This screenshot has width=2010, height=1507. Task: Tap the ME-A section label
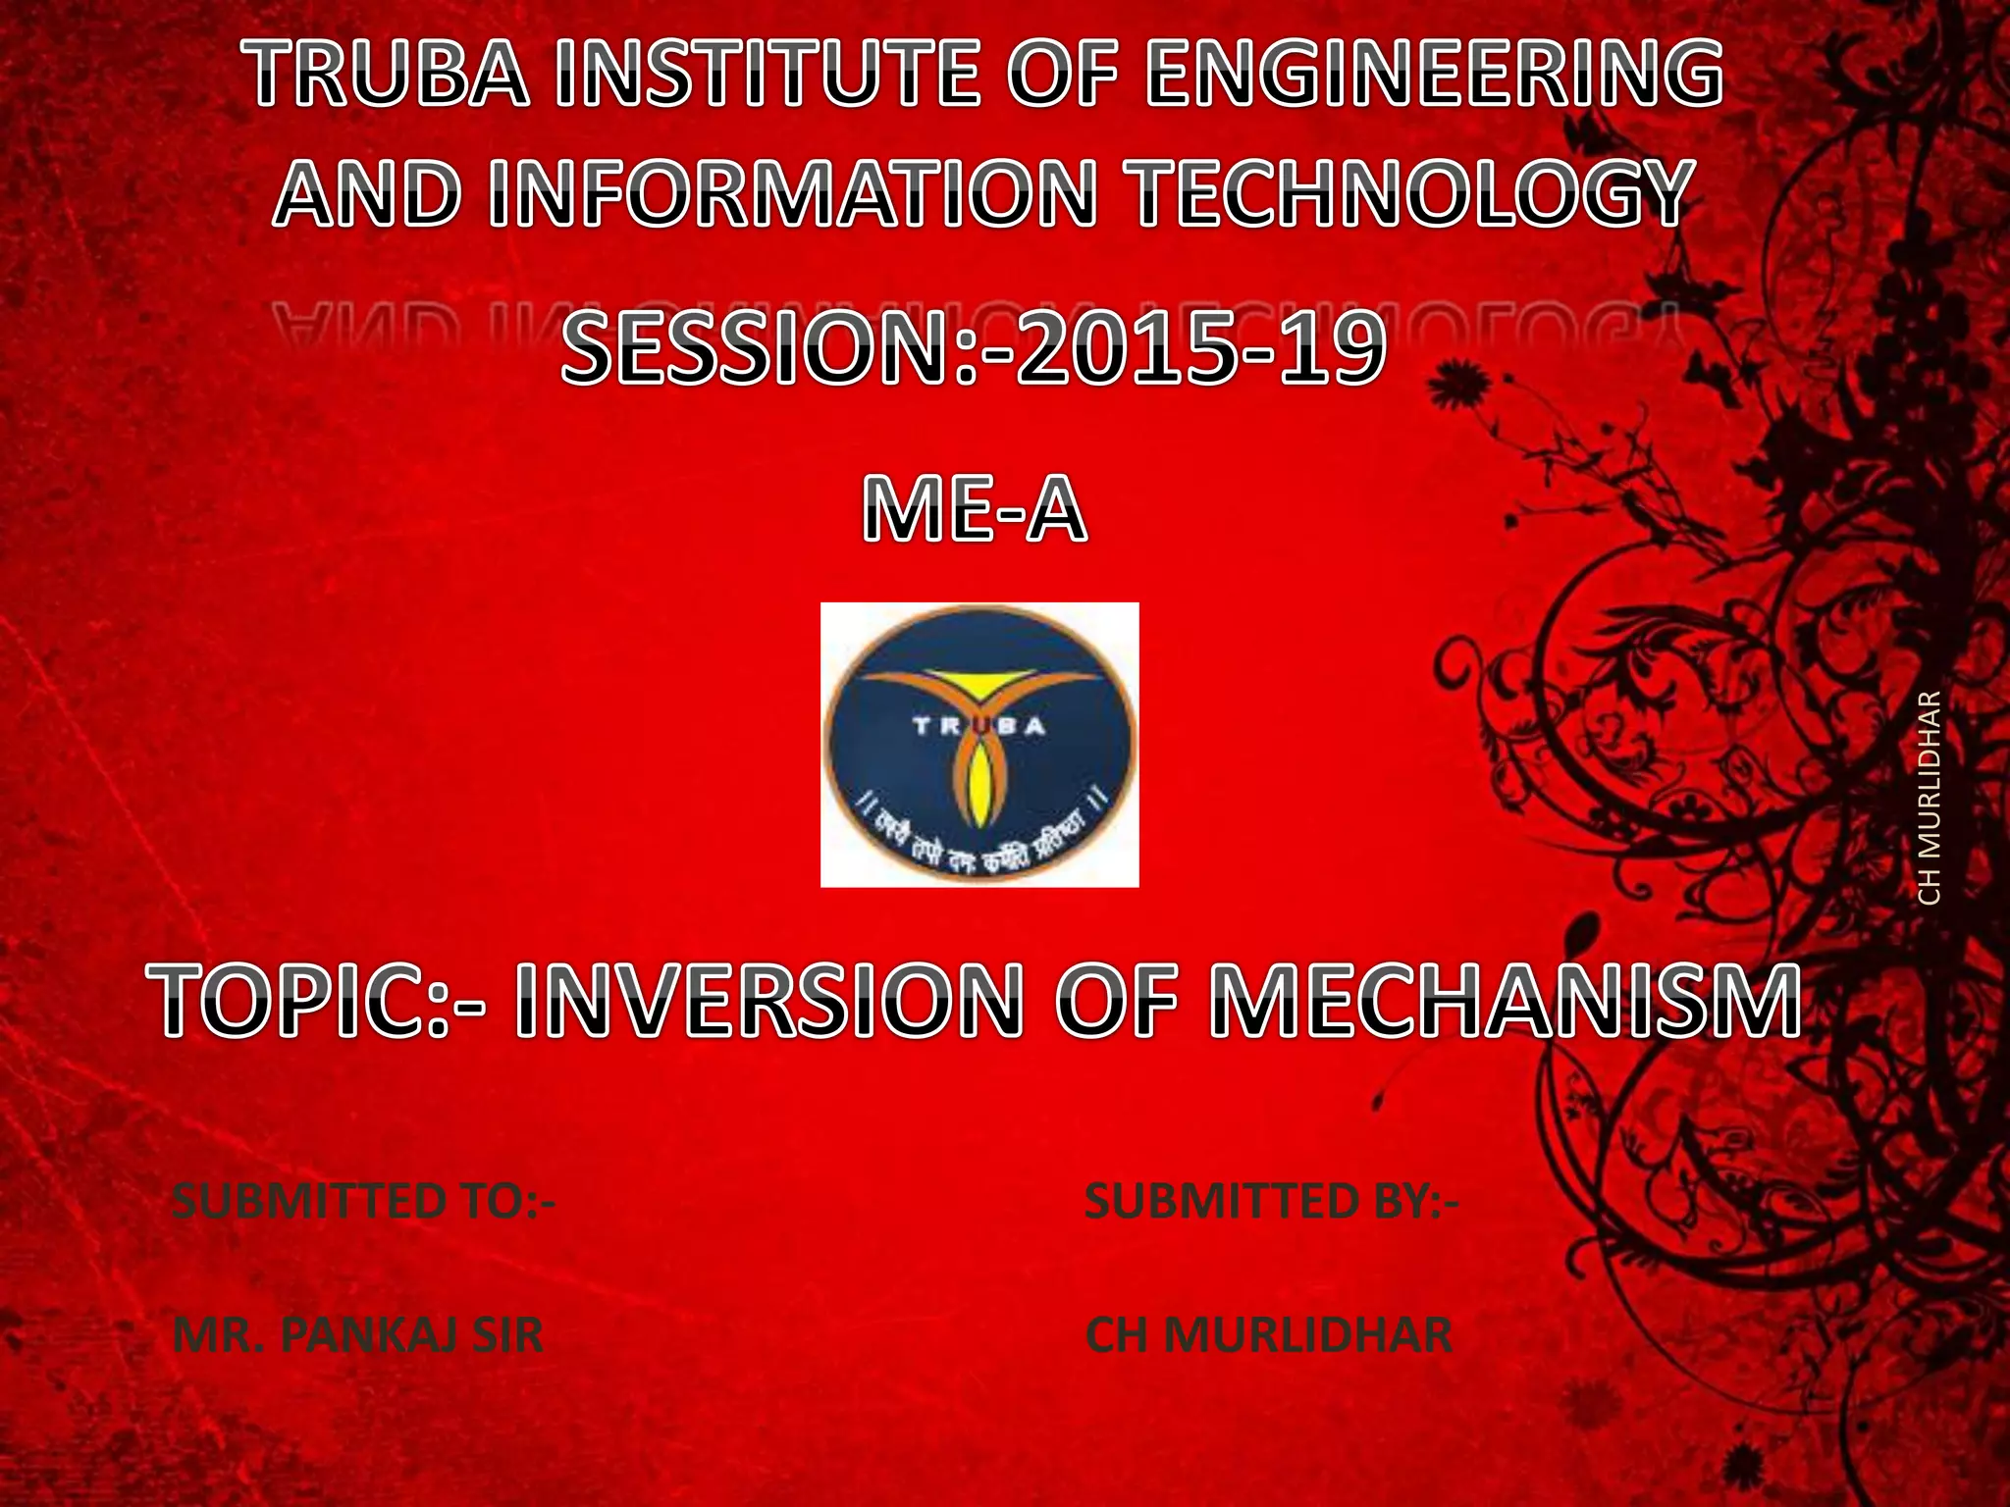point(975,511)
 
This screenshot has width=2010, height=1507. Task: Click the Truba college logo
point(979,745)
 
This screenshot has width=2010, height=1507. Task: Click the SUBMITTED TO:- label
point(363,1202)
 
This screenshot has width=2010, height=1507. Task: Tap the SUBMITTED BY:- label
point(1272,1202)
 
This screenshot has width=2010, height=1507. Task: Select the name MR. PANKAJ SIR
point(357,1335)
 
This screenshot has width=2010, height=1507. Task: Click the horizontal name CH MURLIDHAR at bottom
point(1268,1335)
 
